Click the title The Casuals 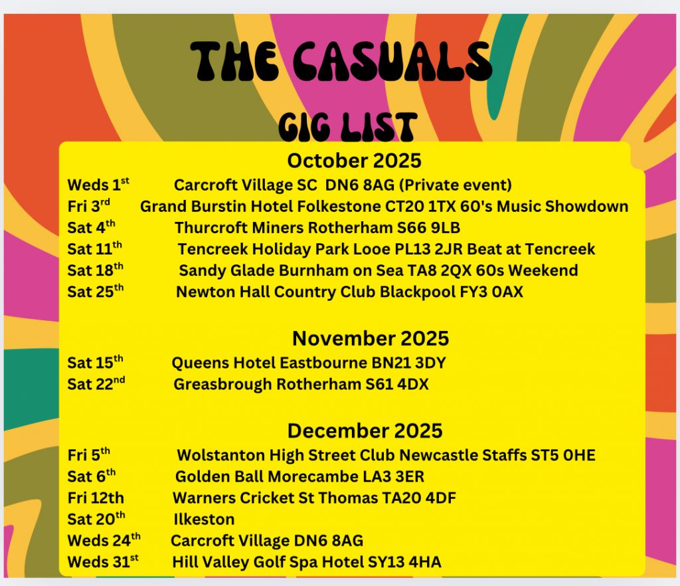click(341, 61)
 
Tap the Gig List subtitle click(348, 127)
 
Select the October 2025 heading click(354, 161)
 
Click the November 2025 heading click(371, 338)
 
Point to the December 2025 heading click(365, 431)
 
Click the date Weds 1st click(98, 184)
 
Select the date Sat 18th click(95, 270)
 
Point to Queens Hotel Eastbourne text click(270, 363)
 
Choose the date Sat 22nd click(96, 384)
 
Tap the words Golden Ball click(219, 476)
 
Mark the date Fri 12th click(96, 498)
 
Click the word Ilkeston click(204, 519)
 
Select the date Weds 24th click(104, 540)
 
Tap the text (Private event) click(455, 185)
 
